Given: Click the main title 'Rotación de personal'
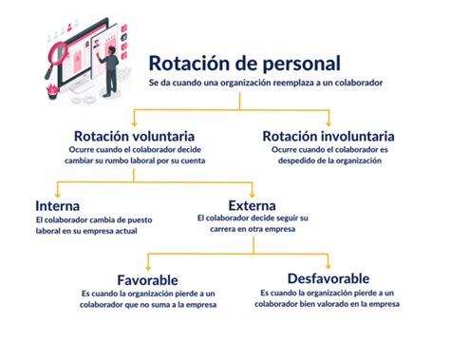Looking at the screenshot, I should point(244,65).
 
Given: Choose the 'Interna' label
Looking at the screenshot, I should point(57,205).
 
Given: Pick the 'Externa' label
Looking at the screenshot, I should point(252,204).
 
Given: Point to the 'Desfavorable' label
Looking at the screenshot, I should point(324,279).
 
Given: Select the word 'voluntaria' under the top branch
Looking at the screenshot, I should point(169,135).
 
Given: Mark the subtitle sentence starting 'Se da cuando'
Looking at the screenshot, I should point(266,85).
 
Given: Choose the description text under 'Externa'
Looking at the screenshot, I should point(252,224).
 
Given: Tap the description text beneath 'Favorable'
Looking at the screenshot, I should point(149,299).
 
